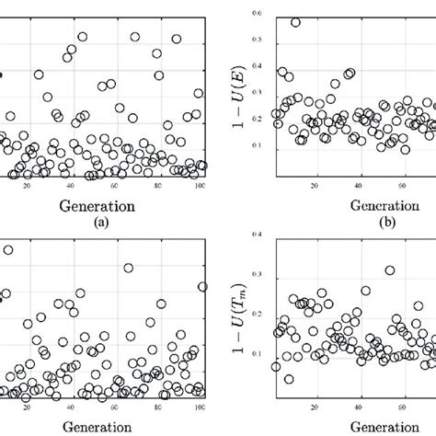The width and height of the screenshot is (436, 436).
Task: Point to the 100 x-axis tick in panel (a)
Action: coord(201,188)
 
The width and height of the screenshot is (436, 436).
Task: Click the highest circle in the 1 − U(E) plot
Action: coord(295,22)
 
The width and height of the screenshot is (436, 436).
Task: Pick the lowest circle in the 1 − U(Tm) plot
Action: coord(289,379)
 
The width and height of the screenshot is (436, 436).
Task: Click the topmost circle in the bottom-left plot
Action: coord(8,249)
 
